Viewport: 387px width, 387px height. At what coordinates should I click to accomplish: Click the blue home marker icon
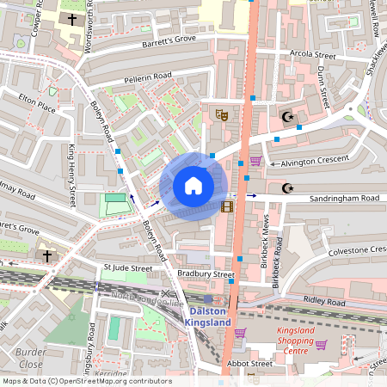click(193, 186)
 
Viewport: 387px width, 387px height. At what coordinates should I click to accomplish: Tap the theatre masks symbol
click(220, 113)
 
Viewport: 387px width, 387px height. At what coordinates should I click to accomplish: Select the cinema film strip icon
click(227, 206)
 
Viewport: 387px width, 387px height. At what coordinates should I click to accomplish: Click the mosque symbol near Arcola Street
click(287, 116)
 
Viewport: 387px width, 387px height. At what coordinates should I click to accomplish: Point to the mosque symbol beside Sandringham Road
click(287, 187)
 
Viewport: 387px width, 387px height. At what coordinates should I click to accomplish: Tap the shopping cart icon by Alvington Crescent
click(255, 161)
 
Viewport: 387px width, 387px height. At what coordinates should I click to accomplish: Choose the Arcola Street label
click(313, 54)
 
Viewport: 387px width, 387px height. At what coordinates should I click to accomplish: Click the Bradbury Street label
click(206, 274)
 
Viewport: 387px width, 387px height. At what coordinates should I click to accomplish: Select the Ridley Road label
click(323, 303)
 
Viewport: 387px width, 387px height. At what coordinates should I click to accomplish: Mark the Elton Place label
click(38, 104)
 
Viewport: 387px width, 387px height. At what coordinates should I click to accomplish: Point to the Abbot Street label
click(249, 364)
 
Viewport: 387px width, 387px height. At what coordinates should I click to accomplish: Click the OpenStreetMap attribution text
click(86, 381)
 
